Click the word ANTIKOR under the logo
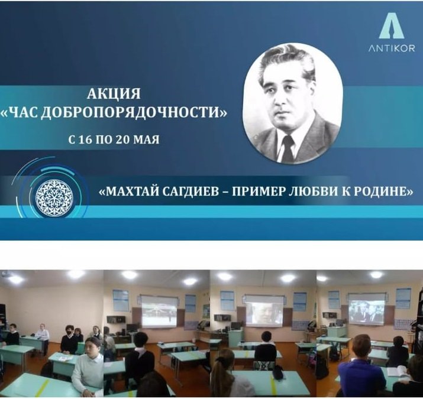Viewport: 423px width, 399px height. (x=392, y=48)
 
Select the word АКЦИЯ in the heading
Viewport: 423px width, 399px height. (x=114, y=94)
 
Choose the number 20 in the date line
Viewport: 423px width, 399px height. (x=122, y=140)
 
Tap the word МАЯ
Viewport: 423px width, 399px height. (x=146, y=140)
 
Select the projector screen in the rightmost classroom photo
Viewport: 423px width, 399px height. (x=366, y=309)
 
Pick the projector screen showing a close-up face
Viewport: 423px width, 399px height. (x=265, y=311)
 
